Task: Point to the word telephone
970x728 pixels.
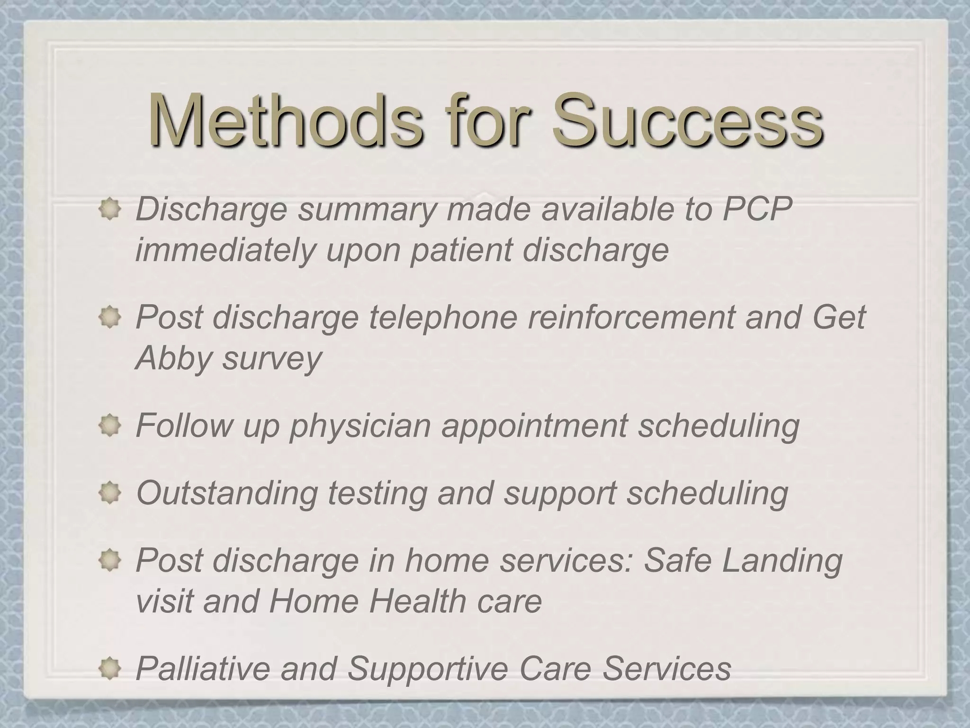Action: coord(443,317)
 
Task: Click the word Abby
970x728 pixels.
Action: coord(173,358)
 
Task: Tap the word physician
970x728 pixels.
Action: coord(360,426)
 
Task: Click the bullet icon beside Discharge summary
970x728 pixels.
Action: coord(109,209)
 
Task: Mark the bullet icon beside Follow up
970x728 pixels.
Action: coord(109,425)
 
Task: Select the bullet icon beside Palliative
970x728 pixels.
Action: coord(109,668)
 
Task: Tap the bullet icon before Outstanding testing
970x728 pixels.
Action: coord(109,493)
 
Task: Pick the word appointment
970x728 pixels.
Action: coord(535,426)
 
